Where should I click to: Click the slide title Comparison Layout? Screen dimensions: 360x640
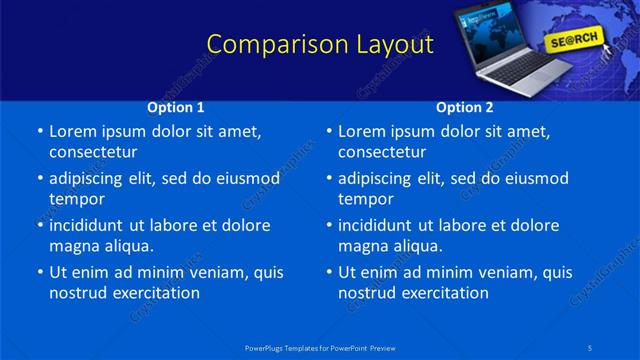320,45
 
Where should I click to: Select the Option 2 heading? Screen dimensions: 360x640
465,107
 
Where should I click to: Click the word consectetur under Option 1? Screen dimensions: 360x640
93,152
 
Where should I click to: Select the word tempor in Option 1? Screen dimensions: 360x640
77,199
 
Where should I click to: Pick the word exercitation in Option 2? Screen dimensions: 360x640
444,293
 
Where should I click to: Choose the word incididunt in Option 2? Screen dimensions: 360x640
376,225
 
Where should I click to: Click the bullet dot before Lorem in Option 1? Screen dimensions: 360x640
40,132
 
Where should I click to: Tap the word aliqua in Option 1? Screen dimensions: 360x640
128,246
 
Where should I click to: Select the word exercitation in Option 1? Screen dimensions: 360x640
155,293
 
